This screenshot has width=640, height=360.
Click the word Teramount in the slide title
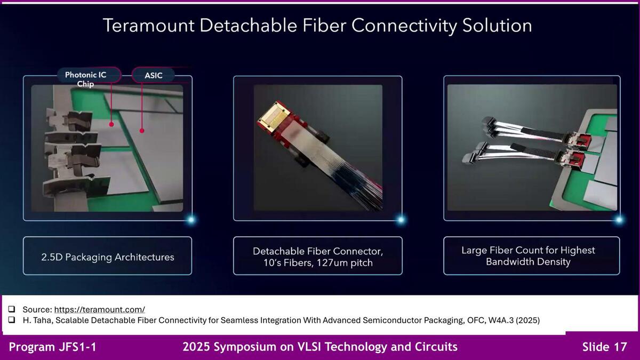point(149,26)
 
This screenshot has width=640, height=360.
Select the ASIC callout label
point(154,75)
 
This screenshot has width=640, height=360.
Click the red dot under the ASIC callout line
point(142,131)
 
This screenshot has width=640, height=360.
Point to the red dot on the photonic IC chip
point(111,124)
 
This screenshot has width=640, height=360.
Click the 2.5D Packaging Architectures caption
point(107,257)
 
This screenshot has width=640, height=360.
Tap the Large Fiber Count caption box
point(531,255)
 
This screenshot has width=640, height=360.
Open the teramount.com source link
point(99,309)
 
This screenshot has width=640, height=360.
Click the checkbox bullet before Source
point(12,309)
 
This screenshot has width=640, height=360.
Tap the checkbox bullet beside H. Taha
point(12,319)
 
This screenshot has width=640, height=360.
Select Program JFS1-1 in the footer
point(53,347)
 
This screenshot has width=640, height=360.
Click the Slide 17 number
point(605,347)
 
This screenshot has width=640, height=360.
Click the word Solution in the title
point(497,26)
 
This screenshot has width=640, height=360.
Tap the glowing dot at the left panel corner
point(191,220)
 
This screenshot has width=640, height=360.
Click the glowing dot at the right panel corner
point(619,220)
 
